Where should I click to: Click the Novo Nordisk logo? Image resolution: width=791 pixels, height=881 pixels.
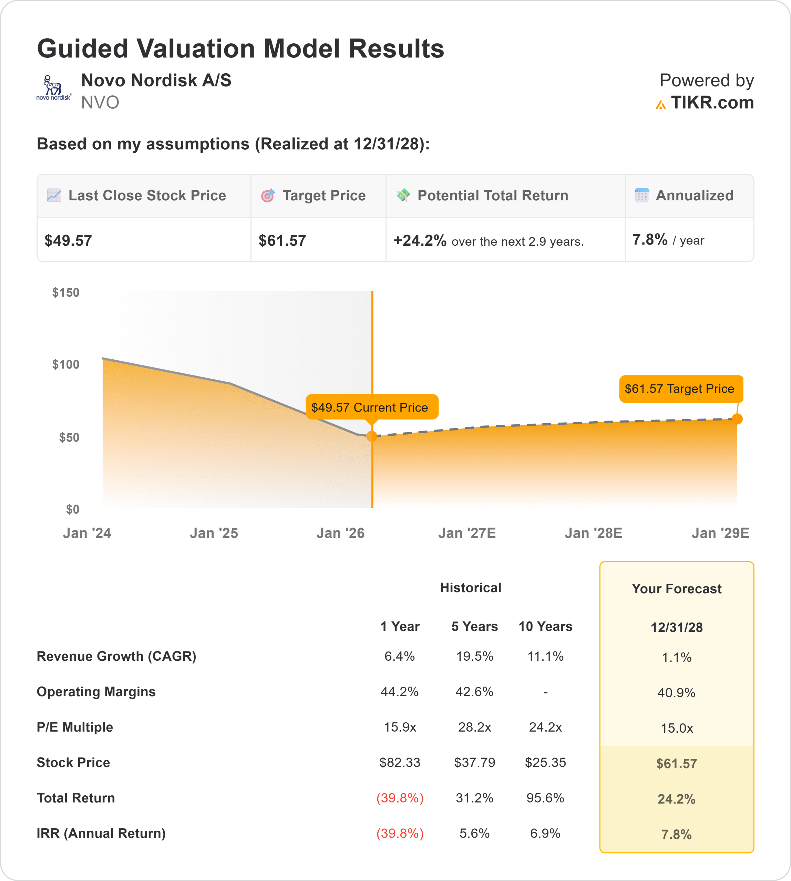tap(53, 88)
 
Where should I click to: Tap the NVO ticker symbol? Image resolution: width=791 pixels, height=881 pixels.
tap(100, 103)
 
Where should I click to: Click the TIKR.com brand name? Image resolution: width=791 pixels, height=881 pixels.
tap(712, 103)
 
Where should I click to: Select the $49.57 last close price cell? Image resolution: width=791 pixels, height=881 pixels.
tap(68, 241)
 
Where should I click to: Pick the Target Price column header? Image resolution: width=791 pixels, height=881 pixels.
tap(324, 196)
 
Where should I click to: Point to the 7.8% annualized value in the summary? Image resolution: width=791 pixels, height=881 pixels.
tap(650, 240)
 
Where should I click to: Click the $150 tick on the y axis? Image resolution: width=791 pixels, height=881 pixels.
tap(65, 293)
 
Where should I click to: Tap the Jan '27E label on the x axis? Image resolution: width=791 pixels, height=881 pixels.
tap(467, 533)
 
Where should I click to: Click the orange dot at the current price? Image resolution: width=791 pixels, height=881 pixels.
tap(372, 436)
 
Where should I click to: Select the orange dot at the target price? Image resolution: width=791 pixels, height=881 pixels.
tap(737, 419)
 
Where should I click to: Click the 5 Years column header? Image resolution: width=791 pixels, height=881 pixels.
tap(475, 627)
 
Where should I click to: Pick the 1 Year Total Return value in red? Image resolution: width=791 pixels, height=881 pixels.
tap(400, 798)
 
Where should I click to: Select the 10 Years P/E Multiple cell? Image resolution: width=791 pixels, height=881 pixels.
tap(545, 727)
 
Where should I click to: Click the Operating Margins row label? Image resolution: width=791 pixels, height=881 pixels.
tap(96, 692)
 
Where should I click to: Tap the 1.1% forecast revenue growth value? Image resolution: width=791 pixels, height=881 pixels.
tap(677, 657)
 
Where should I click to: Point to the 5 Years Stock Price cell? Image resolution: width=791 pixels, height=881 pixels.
tap(475, 763)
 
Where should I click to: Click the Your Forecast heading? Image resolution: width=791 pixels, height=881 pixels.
tap(677, 589)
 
